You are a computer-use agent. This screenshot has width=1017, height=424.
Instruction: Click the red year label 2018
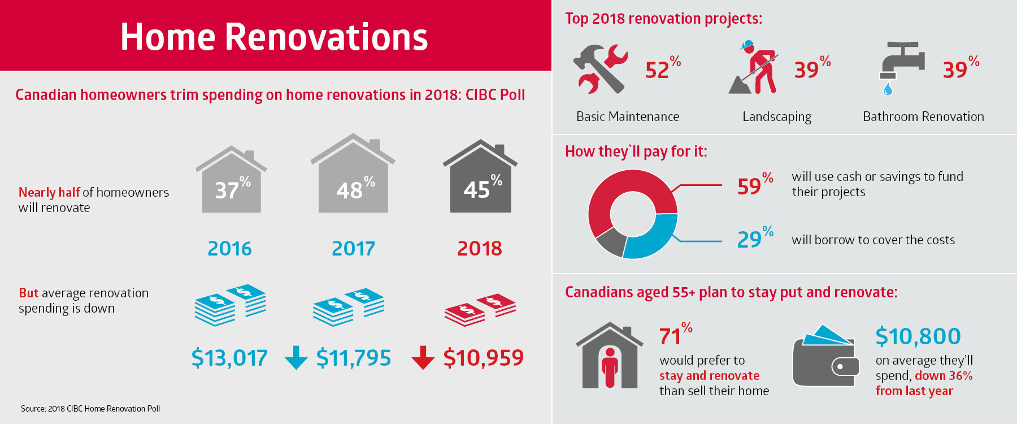pos(480,248)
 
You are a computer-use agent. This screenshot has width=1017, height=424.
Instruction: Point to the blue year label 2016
pos(229,248)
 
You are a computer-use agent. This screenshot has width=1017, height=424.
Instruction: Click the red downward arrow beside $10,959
pos(423,358)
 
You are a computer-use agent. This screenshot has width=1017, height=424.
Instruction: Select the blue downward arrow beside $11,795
pos(296,358)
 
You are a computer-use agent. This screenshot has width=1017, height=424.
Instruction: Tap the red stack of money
pos(480,310)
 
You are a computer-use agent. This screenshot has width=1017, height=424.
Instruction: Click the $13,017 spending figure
pos(229,358)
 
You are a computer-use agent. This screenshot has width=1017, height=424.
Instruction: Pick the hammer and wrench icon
pos(600,69)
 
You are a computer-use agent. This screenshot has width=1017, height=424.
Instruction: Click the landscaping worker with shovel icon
pos(754,67)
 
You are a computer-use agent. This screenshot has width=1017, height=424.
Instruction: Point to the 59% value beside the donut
pos(755,185)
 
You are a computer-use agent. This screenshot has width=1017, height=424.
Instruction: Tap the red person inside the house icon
pos(610,367)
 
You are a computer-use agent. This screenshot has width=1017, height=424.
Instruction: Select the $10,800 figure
pos(918,336)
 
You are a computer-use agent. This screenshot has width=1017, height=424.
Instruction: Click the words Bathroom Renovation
pos(923,116)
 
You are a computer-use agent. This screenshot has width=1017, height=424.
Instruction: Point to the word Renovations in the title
pos(327,37)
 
